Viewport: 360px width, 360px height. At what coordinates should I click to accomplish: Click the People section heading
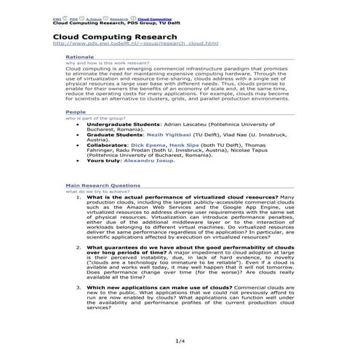(75, 113)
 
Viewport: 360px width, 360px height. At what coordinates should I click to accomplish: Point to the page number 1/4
(180, 341)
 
